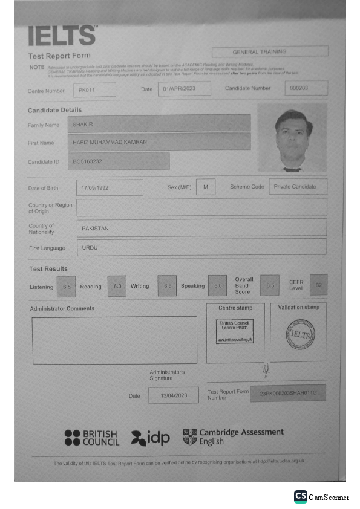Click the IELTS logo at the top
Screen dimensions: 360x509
click(x=62, y=36)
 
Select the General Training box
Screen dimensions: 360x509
click(x=270, y=52)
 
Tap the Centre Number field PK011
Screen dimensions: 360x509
click(x=94, y=90)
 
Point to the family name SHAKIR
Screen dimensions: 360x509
click(x=159, y=124)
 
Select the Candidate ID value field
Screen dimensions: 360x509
click(x=119, y=161)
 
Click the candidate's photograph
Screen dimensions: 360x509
click(x=292, y=138)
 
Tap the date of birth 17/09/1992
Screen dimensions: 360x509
click(x=110, y=187)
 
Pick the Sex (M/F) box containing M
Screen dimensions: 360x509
click(x=206, y=187)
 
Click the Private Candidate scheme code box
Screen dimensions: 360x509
click(x=297, y=187)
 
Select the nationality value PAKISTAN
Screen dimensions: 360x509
click(x=201, y=228)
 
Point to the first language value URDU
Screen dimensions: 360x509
click(x=201, y=248)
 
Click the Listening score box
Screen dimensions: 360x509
click(x=67, y=286)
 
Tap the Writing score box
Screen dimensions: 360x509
click(x=167, y=286)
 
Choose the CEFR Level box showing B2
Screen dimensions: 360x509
click(x=318, y=285)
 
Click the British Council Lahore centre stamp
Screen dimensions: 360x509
click(x=235, y=331)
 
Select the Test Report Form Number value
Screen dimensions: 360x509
click(x=287, y=394)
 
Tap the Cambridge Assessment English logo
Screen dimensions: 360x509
click(x=234, y=436)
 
